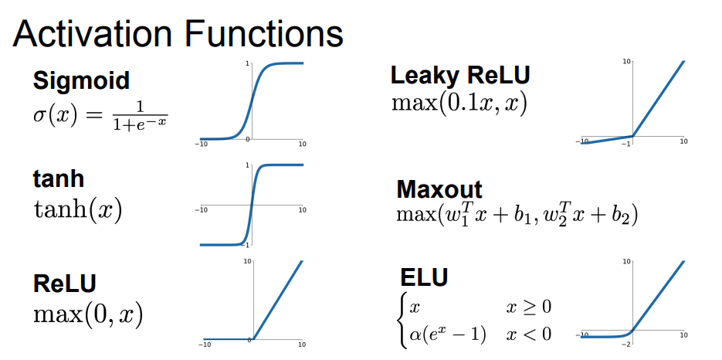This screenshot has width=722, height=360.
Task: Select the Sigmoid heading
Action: tap(80, 80)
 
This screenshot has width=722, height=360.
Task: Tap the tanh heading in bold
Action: tap(58, 179)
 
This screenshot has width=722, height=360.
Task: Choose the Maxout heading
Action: tap(439, 189)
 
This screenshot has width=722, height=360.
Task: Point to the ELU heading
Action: tap(424, 278)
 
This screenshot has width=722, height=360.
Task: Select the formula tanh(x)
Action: tap(78, 209)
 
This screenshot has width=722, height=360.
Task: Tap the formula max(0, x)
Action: tap(87, 314)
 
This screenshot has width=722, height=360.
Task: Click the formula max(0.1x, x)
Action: tap(459, 103)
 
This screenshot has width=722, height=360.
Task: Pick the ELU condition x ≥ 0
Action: tap(529, 307)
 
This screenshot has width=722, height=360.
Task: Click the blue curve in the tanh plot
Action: tap(251, 205)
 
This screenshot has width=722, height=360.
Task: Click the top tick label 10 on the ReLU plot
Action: tap(247, 263)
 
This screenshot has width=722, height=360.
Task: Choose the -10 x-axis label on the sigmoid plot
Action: tap(202, 144)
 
